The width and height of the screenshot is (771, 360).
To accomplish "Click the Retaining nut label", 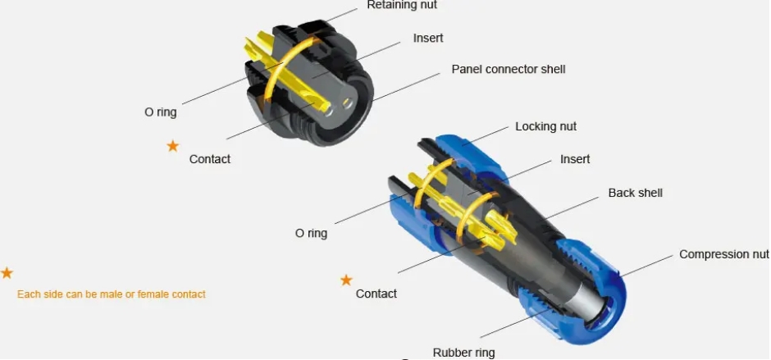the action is pos(402,5).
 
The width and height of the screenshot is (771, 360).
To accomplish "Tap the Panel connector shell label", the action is pos(509,70).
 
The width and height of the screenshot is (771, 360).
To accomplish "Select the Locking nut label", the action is pos(545,126).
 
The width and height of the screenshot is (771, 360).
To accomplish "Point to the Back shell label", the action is pos(636,193).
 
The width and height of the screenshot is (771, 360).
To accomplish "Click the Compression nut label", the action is pos(724,254).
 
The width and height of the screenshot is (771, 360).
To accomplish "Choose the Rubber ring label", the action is pos(463,353).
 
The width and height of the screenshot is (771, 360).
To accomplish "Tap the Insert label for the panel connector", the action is pos(428,38).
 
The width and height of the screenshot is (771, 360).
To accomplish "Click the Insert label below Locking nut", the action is pos(575,159).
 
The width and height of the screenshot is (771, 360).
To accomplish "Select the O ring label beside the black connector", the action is pos(160,112).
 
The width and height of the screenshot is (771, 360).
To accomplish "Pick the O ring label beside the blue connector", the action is pos(311,233).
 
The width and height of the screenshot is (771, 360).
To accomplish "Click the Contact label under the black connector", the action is pos(210,159).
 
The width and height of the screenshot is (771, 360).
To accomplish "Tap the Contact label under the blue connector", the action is pos(376,294).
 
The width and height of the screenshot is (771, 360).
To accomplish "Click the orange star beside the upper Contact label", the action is pos(172,146).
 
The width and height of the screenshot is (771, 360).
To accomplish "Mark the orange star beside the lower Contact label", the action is pos(346,280).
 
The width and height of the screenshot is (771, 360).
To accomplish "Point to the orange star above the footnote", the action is pos(7,273).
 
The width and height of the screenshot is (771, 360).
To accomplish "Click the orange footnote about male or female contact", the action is pos(111,294).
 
